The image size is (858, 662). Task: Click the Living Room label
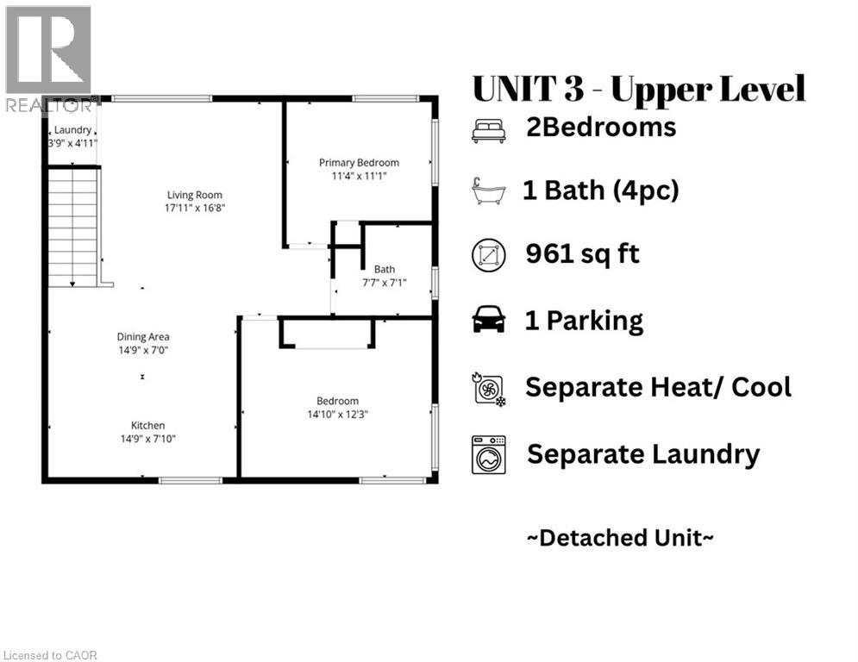click(191, 194)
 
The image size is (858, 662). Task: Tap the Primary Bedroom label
click(359, 162)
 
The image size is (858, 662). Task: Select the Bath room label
click(384, 269)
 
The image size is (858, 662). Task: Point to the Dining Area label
click(143, 337)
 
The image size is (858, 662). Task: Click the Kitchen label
click(147, 425)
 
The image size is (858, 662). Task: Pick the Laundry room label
click(72, 130)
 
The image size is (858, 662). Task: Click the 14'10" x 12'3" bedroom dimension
click(337, 414)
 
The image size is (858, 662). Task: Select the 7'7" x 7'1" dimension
click(384, 282)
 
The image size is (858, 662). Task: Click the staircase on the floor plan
click(73, 226)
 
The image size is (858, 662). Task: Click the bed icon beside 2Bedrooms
click(488, 130)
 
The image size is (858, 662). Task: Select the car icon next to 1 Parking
click(488, 322)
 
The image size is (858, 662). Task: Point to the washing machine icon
click(488, 454)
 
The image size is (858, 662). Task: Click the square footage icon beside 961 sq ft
click(488, 256)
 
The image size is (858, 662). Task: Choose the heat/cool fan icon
click(488, 388)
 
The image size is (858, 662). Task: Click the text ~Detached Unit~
click(620, 538)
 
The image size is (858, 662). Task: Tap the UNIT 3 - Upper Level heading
click(639, 89)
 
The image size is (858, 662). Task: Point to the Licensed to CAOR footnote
click(50, 655)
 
